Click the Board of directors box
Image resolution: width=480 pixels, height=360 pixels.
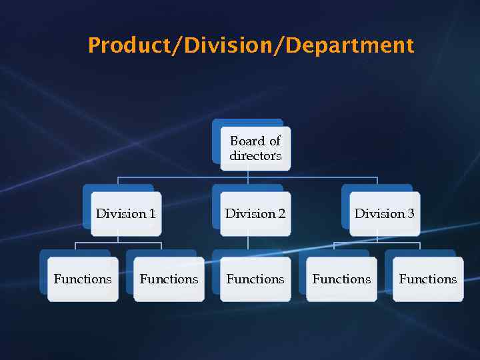[255, 148]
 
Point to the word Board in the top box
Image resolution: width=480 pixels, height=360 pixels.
[247, 141]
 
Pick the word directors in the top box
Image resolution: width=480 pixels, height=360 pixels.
[255, 156]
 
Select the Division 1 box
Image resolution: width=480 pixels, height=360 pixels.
[125, 213]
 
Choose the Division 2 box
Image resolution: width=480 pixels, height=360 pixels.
[255, 213]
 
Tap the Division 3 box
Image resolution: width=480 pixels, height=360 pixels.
[385, 213]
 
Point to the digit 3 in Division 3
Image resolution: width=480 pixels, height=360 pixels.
[411, 213]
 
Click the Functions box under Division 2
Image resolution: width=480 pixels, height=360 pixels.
[255, 279]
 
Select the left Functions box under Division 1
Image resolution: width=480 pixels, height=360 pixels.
[83, 279]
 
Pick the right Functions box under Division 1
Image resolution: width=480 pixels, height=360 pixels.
[169, 279]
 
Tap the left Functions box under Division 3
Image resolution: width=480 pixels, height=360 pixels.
[341, 279]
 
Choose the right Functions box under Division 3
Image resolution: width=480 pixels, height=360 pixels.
[427, 279]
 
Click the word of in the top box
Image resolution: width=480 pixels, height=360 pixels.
[275, 141]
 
